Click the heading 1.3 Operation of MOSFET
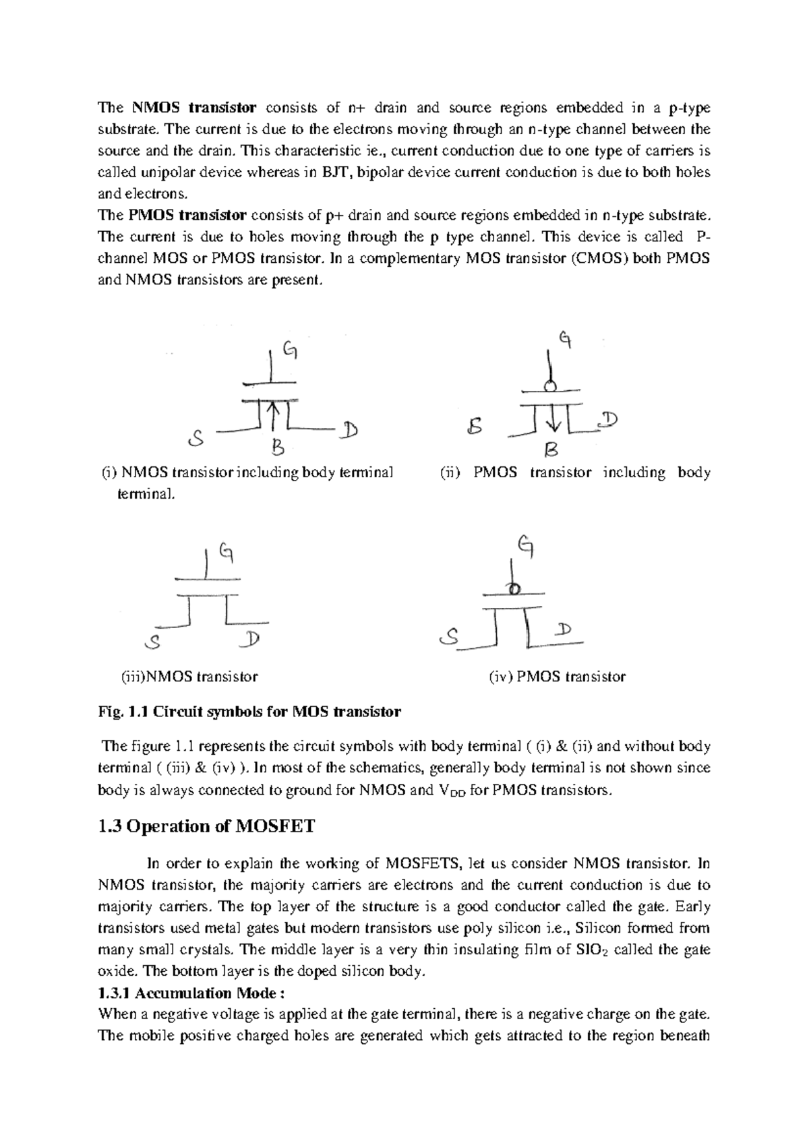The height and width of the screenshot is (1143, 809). pos(206,826)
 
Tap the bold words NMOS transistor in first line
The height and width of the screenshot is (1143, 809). pos(193,108)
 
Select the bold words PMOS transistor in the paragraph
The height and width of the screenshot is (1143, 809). pos(187,216)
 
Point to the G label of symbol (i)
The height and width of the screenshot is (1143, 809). pos(290,350)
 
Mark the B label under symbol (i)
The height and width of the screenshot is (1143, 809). pos(277,446)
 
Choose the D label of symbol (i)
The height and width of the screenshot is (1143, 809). pos(349,430)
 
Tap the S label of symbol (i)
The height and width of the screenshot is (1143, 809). pos(196,439)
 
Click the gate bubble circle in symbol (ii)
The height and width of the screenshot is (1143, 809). pos(551,386)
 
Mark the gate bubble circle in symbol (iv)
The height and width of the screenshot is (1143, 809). pos(514,590)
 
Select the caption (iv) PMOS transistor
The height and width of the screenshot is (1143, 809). pos(557,677)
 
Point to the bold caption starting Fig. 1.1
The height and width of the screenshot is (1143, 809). pos(249,712)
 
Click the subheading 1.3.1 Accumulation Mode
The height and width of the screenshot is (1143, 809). pos(192,993)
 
